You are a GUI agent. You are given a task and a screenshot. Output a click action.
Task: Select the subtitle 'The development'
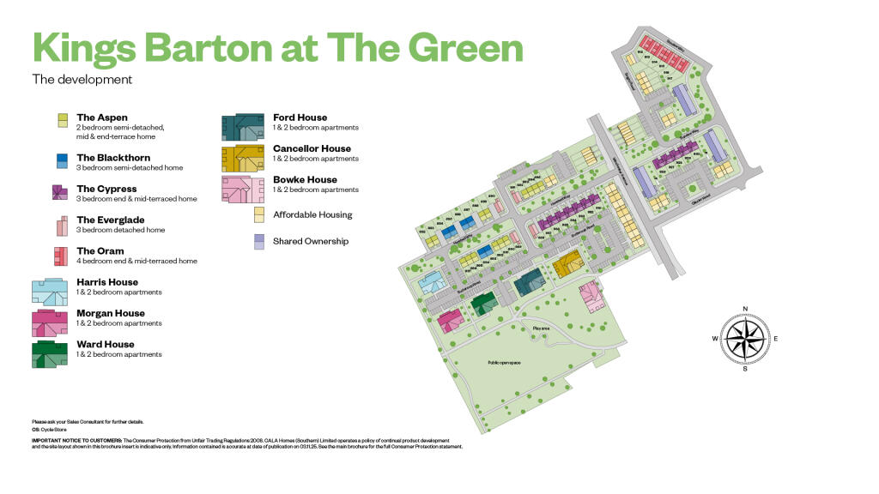(82, 80)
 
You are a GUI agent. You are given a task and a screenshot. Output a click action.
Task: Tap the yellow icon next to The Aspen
(63, 121)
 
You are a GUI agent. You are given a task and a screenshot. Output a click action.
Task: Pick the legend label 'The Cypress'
(106, 189)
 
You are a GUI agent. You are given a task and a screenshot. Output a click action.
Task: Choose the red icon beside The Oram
(61, 256)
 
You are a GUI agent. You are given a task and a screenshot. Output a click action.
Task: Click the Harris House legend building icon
(50, 292)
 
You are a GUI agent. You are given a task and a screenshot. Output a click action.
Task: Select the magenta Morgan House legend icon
(50, 323)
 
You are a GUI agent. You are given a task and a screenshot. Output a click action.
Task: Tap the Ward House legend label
(106, 344)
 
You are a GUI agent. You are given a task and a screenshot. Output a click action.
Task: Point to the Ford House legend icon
(243, 127)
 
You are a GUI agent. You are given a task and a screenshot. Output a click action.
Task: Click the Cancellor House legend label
(312, 148)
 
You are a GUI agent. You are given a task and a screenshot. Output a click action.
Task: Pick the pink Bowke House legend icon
(243, 190)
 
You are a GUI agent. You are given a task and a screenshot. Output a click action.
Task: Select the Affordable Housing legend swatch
(258, 214)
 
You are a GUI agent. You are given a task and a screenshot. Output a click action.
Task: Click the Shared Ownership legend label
(311, 241)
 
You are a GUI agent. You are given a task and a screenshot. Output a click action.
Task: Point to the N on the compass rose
(745, 309)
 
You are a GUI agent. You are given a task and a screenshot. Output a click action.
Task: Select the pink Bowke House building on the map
(592, 297)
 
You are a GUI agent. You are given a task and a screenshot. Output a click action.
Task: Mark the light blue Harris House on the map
(431, 282)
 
